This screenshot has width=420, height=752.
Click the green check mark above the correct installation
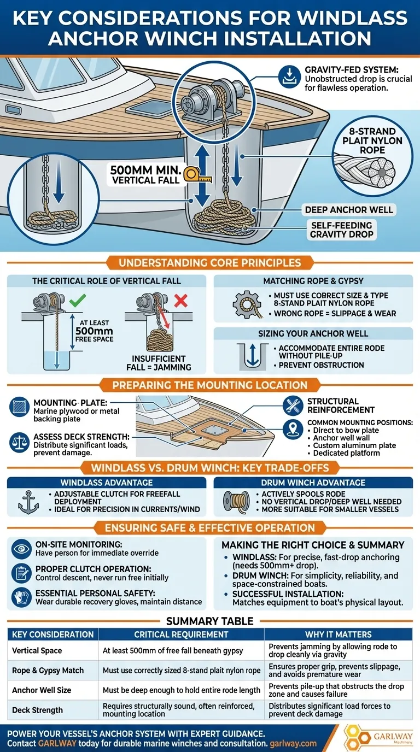click(78, 301)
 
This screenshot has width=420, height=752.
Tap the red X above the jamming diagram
click(181, 301)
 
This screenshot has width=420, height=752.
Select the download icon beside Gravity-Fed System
click(289, 77)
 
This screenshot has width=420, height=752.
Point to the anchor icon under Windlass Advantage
click(28, 502)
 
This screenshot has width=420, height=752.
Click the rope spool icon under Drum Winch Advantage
click(236, 502)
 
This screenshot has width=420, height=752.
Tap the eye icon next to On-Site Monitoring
click(21, 549)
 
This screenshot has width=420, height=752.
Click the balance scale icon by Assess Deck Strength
click(19, 443)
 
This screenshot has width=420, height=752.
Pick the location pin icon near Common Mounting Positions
click(293, 430)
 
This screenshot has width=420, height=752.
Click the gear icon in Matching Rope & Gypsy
click(247, 304)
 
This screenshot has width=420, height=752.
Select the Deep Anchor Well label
click(349, 210)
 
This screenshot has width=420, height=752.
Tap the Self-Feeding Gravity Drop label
click(342, 230)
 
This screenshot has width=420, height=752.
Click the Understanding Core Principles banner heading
click(209, 262)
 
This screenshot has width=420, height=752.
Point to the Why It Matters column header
click(339, 634)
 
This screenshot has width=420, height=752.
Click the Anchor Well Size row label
click(42, 690)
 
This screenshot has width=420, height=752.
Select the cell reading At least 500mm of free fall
click(173, 650)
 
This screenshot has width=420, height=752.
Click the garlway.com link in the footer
click(293, 744)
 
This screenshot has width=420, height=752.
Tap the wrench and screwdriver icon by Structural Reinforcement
click(293, 406)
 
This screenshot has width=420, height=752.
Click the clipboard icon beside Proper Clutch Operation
click(21, 573)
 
